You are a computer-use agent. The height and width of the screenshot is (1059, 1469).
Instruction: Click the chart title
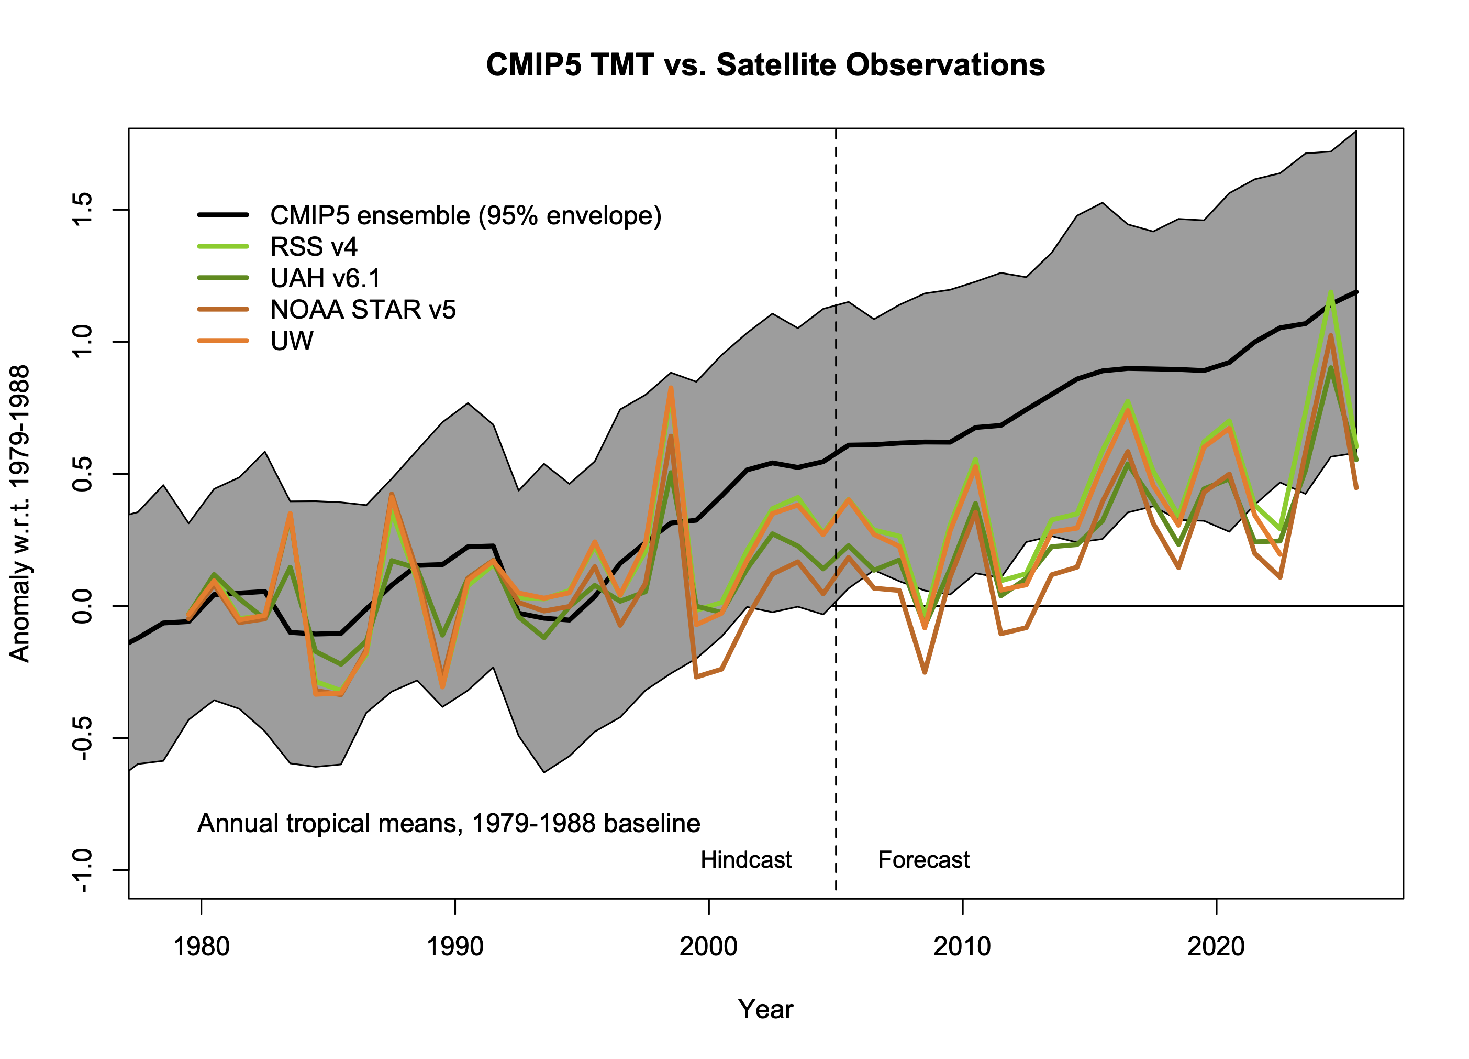pos(765,65)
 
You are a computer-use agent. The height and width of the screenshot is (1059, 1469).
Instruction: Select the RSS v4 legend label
pos(314,247)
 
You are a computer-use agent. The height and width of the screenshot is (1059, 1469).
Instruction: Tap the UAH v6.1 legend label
pos(325,278)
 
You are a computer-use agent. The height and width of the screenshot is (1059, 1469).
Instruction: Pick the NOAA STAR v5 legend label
pos(363,310)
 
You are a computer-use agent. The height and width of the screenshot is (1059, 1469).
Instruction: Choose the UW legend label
pos(292,342)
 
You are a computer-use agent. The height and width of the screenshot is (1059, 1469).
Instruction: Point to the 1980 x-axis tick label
pos(202,947)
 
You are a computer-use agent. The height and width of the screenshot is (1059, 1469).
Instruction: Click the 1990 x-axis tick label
pos(455,947)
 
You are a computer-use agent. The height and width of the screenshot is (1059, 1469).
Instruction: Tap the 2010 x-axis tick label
pos(962,947)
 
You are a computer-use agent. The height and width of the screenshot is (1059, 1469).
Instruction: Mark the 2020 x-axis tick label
pos(1216,947)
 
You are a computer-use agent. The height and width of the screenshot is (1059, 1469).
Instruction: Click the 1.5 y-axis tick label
pos(83,210)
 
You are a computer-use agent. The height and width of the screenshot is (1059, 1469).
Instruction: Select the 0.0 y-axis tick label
pos(83,606)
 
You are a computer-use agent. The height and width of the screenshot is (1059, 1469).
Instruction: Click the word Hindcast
pos(745,860)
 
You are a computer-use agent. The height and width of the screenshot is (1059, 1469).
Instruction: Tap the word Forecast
pos(923,860)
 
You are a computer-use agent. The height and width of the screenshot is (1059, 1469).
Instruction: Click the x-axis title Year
pos(765,1010)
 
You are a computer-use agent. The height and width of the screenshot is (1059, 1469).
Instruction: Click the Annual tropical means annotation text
pos(448,824)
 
